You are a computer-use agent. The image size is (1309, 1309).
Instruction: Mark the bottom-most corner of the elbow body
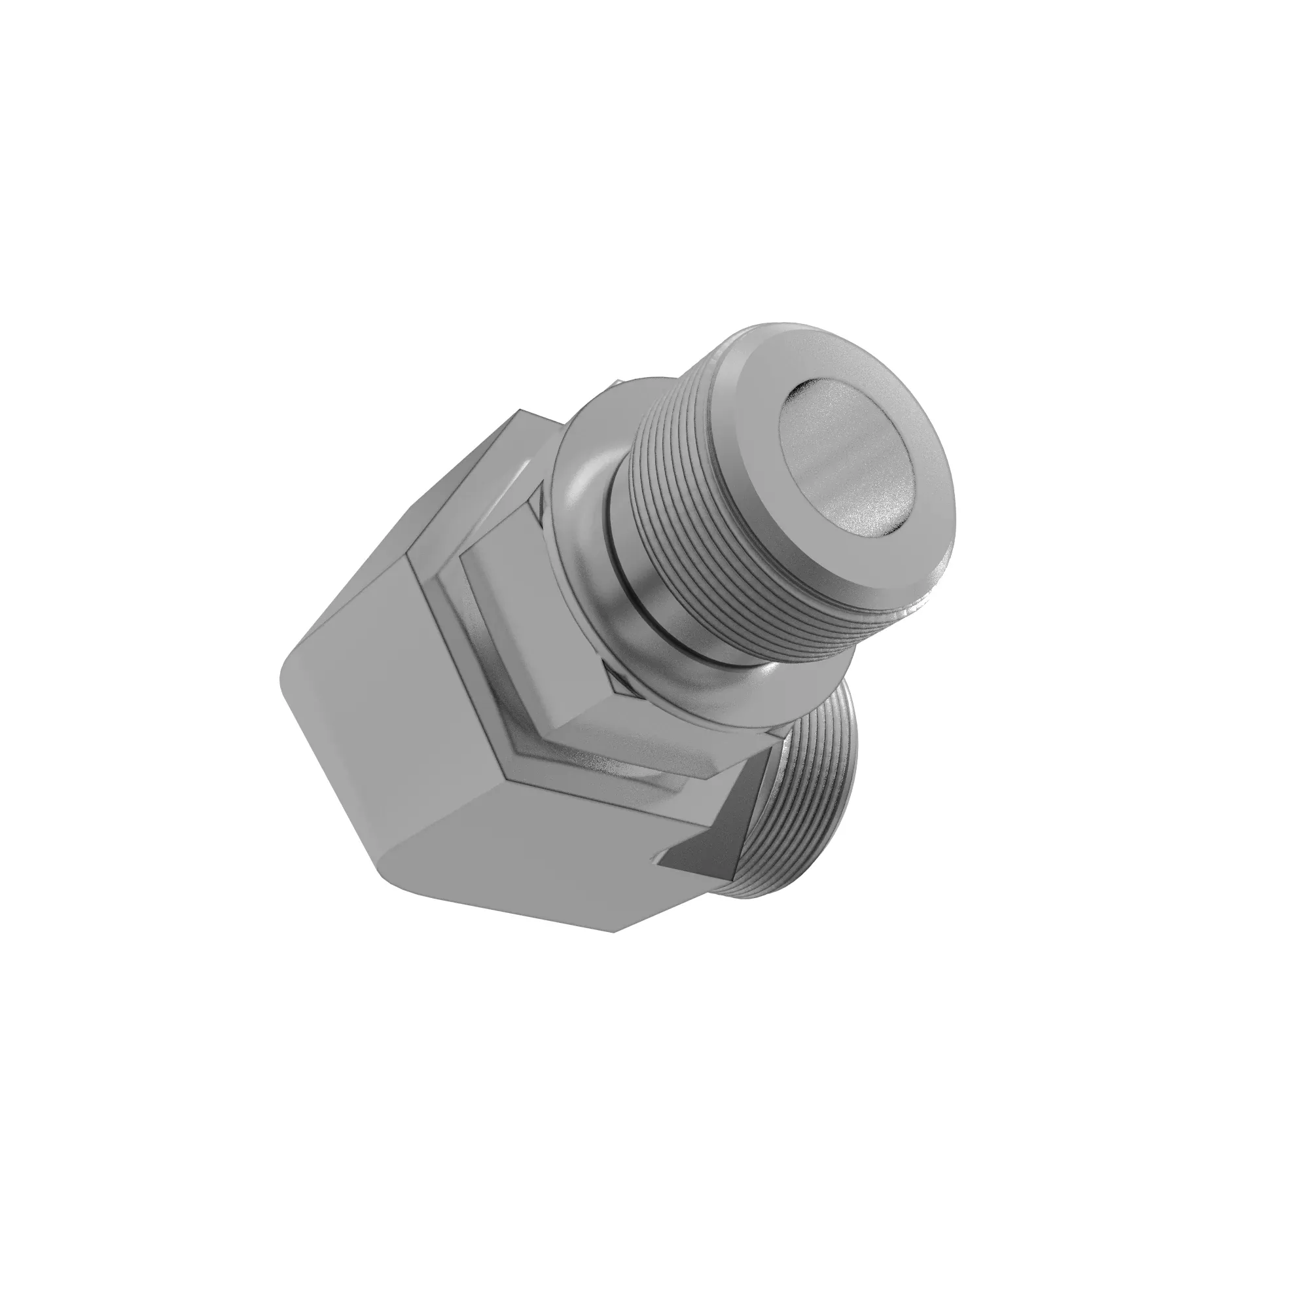coord(614,931)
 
